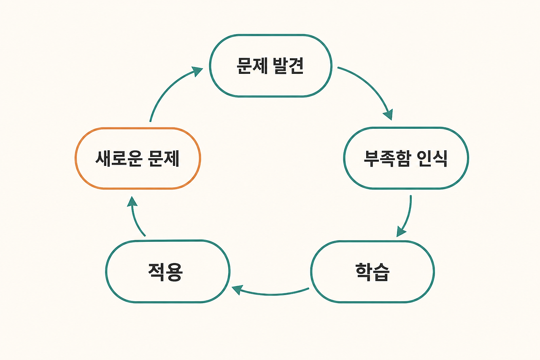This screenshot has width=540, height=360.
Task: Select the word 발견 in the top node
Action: point(288,65)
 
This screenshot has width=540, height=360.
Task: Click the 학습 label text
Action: point(373,272)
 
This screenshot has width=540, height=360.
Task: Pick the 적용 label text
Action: point(166,272)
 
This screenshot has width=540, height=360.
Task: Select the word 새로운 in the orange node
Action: point(119,158)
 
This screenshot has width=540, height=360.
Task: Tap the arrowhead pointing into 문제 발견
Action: point(197,71)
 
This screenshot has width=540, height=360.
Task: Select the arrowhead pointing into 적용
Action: point(237,290)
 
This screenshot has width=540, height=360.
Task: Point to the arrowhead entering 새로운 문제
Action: point(132,202)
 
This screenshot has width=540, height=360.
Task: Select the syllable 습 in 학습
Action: point(381,272)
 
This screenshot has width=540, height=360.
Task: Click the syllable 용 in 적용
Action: point(175,272)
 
